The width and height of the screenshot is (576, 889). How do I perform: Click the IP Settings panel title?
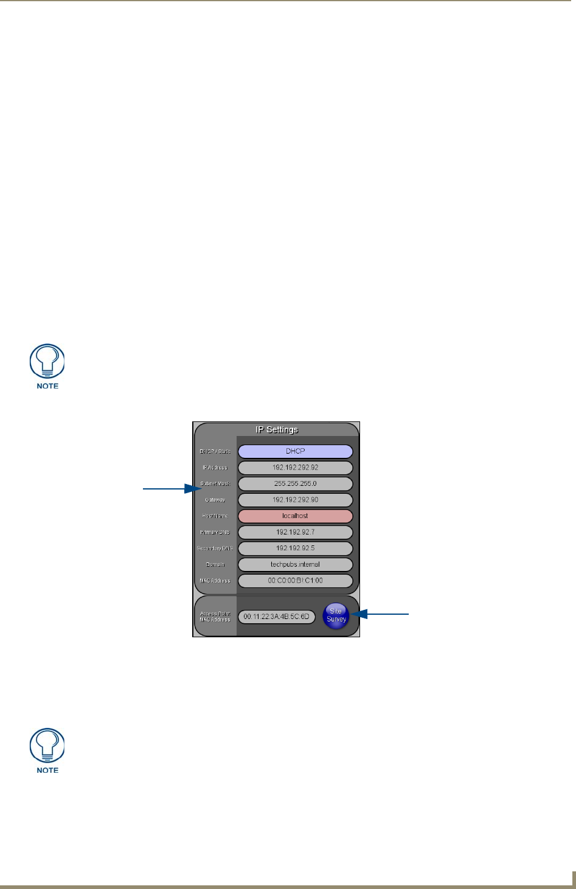(277, 430)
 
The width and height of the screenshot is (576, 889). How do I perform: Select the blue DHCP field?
(295, 452)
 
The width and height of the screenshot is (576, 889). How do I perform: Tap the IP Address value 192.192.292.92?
(295, 468)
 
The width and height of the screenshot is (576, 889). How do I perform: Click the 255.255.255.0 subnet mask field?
(295, 484)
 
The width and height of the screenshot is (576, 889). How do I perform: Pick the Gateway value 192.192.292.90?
(295, 500)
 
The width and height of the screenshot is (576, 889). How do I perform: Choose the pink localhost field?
(295, 516)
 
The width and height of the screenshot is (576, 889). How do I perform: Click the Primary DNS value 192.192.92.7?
(295, 532)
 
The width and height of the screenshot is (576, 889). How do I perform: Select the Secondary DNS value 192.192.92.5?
(295, 548)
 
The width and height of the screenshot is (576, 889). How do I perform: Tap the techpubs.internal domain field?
(295, 564)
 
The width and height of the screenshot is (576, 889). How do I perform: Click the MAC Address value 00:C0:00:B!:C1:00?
(295, 581)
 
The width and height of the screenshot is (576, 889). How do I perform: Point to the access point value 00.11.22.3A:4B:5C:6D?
(277, 617)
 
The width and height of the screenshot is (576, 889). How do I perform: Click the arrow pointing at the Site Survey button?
(381, 615)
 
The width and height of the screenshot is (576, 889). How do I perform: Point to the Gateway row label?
(215, 500)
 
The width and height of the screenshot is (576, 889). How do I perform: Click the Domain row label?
(215, 565)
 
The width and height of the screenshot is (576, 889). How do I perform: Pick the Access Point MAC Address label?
(215, 617)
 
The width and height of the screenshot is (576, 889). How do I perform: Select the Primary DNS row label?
(215, 533)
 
